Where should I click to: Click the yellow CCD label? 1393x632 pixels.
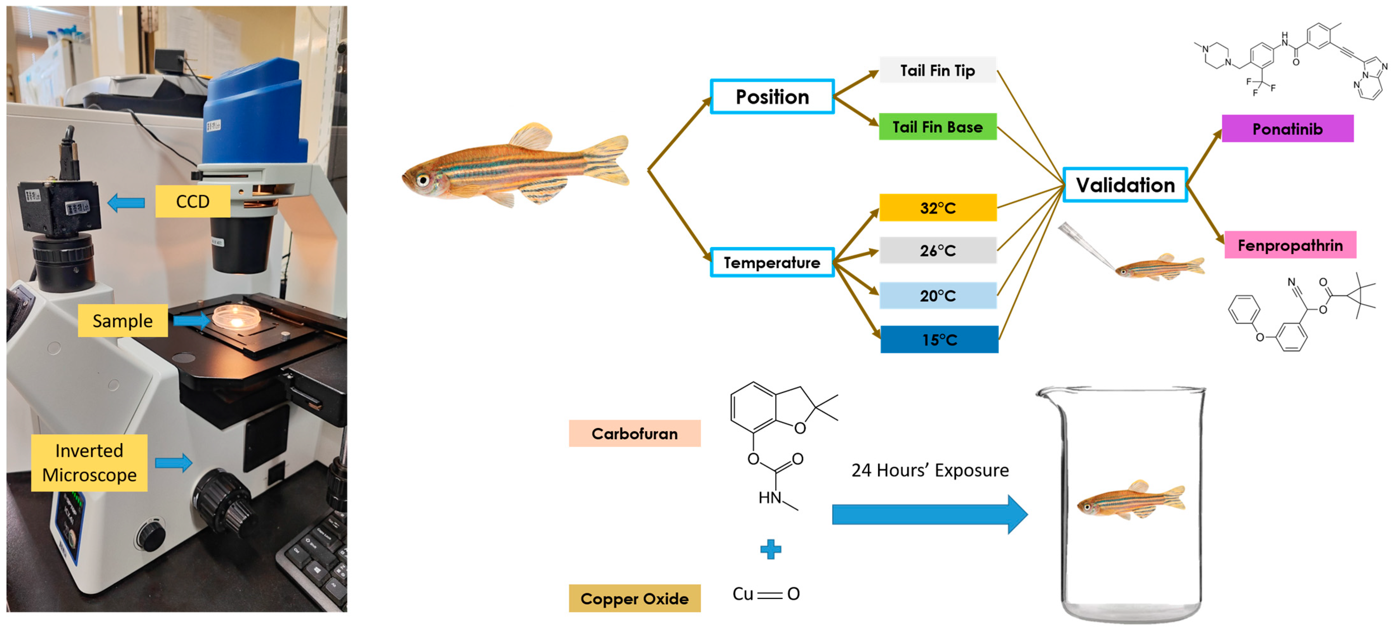[193, 201]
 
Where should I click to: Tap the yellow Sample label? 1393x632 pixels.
[123, 321]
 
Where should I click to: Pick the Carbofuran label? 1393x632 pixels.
[634, 433]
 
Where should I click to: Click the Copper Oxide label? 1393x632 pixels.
[634, 598]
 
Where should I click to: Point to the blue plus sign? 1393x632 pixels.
[770, 549]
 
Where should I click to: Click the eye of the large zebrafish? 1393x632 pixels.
[423, 180]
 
